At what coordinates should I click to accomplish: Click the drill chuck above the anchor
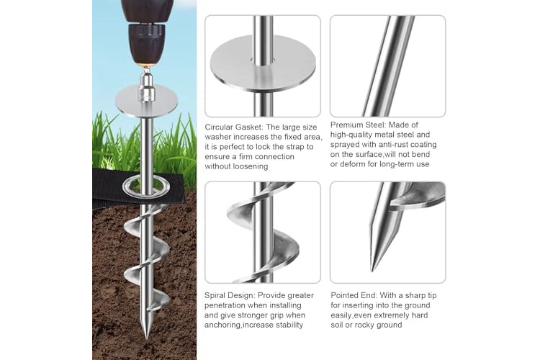point(146,44)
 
